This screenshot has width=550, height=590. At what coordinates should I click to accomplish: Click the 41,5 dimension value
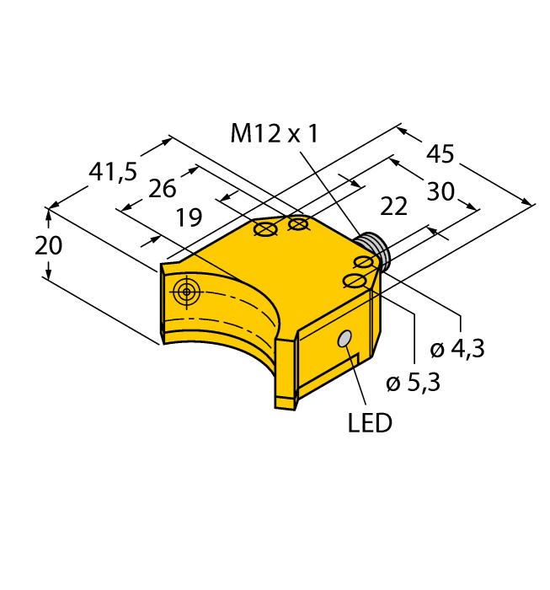[x=113, y=173]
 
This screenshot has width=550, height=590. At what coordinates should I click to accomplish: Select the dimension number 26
[x=162, y=189]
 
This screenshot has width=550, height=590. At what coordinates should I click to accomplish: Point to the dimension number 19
[x=189, y=219]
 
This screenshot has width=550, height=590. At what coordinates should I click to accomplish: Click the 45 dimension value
[x=440, y=154]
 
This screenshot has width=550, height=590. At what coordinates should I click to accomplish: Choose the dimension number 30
[x=440, y=192]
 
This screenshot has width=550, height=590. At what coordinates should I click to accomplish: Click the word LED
[x=370, y=423]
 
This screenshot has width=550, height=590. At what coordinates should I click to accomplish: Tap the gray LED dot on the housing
[x=344, y=339]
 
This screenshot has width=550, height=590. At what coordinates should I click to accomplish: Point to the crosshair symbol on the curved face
[x=186, y=292]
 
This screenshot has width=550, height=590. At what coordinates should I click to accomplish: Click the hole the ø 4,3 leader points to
[x=364, y=263]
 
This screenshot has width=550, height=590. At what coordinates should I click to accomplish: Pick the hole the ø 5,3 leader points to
[x=355, y=281]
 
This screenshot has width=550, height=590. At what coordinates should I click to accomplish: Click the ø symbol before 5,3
[x=392, y=384]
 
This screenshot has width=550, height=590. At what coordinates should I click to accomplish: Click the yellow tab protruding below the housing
[x=285, y=396]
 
